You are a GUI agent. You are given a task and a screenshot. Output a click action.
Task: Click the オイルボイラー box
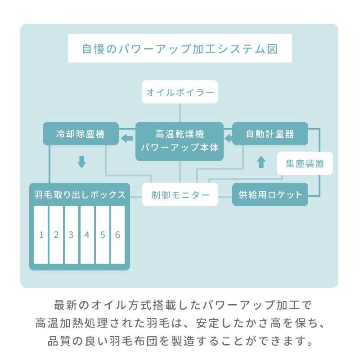180,92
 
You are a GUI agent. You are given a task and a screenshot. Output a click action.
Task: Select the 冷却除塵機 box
81,134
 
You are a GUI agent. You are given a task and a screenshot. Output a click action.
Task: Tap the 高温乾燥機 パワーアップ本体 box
180,141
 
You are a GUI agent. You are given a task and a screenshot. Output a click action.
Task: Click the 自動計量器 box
270,134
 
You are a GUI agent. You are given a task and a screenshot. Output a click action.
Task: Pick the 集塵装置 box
305,163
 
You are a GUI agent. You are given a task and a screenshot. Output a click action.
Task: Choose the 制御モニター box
180,194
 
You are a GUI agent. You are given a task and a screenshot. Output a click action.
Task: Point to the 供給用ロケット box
270,194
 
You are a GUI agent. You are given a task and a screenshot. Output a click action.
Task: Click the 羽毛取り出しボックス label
80,195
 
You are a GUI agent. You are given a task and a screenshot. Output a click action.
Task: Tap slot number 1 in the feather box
41,235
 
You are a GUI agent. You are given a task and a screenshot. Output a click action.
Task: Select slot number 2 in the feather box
56,235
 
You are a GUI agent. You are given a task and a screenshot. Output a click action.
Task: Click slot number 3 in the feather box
72,235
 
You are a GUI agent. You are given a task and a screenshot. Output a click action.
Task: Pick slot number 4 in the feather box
87,235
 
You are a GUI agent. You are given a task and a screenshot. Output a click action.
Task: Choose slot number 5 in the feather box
103,235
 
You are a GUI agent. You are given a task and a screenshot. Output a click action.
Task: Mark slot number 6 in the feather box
118,235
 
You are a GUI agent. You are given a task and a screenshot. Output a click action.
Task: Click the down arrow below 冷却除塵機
81,162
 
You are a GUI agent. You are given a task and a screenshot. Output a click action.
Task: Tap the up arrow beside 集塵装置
261,162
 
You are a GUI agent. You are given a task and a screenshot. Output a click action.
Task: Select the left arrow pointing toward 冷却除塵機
127,139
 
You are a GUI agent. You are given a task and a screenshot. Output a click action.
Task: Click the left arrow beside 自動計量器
228,139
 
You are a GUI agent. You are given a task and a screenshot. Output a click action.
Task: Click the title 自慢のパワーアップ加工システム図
180,49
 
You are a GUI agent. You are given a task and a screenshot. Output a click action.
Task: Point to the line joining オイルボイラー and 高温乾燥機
180,113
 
